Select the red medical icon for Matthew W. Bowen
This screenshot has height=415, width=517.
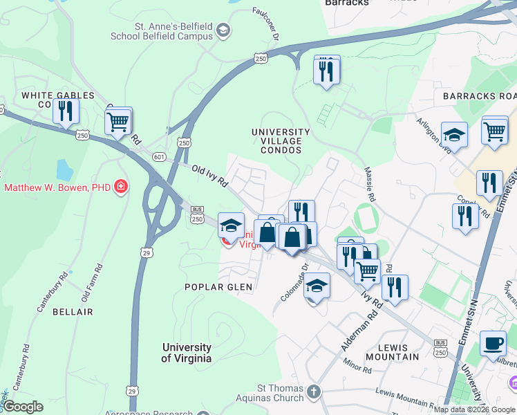(x=122, y=187)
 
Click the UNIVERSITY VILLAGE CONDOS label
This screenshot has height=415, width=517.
(x=281, y=141)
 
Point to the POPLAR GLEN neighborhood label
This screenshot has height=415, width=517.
(x=218, y=286)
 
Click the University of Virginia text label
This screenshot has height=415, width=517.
(x=187, y=353)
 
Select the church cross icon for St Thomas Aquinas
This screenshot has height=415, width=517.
(x=314, y=392)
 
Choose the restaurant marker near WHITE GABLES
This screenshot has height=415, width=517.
(x=66, y=111)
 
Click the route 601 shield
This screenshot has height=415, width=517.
(x=158, y=157)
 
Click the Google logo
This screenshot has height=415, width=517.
(x=23, y=407)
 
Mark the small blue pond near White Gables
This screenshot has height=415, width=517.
(x=65, y=169)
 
